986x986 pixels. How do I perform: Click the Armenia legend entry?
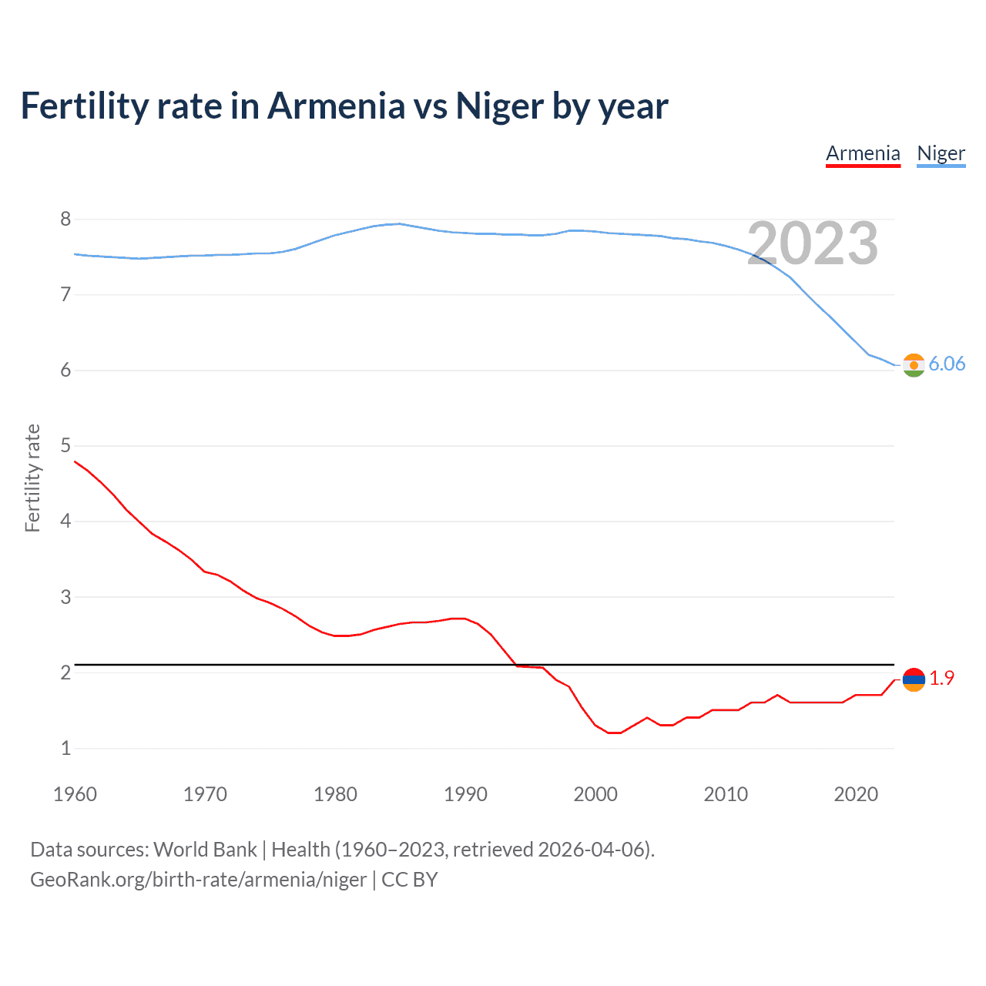(x=863, y=153)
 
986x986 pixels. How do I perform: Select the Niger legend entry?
(x=941, y=153)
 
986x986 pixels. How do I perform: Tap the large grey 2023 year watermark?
(x=813, y=243)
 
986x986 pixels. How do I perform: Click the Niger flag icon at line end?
(x=914, y=365)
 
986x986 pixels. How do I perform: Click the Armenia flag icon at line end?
(x=914, y=679)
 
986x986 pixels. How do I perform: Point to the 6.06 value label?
(x=947, y=364)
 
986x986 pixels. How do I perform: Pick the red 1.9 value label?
(x=941, y=678)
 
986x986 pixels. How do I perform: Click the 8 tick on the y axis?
(x=65, y=220)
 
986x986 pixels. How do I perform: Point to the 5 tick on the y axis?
(x=65, y=446)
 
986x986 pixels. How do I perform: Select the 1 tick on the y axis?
(x=65, y=748)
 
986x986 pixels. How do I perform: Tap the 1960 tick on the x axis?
(x=75, y=794)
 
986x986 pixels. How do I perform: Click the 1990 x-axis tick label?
(x=465, y=794)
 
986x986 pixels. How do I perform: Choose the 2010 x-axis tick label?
(x=726, y=794)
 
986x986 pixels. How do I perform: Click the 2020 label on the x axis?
(x=856, y=794)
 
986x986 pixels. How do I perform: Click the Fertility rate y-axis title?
(x=32, y=478)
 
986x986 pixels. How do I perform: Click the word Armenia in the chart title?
(x=336, y=106)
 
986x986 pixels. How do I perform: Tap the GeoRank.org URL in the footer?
(x=198, y=880)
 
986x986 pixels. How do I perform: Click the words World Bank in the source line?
(x=205, y=850)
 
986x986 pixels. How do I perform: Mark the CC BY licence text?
(x=410, y=880)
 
